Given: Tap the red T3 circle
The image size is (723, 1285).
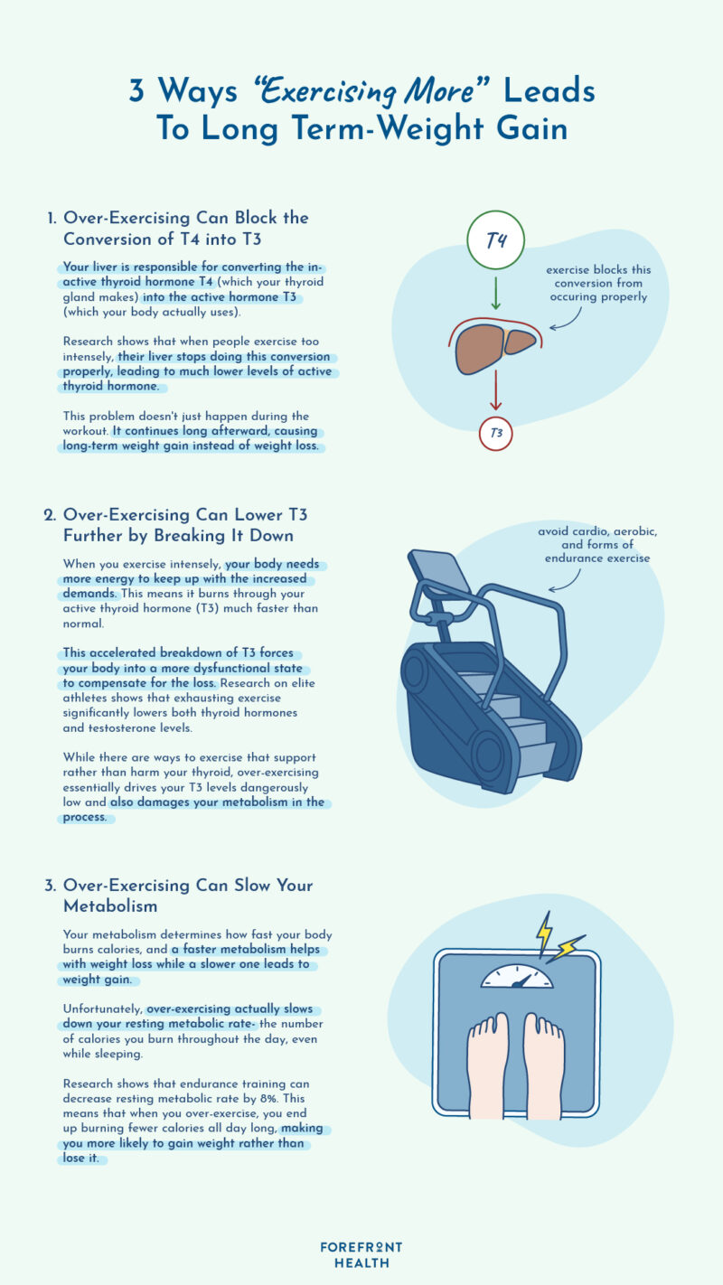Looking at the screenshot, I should click(x=496, y=433).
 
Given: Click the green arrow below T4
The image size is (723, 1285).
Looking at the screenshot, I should click(x=496, y=295).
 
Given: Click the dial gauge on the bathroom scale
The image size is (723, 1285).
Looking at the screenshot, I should click(x=516, y=977).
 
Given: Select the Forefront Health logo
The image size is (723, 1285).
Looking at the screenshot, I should click(x=361, y=1254).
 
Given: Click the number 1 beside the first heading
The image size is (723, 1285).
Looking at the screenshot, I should click(x=51, y=218).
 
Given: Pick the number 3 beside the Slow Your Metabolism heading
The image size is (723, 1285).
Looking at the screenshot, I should click(x=51, y=886).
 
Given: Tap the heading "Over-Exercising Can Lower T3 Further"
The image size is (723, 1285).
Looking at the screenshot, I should click(x=185, y=525).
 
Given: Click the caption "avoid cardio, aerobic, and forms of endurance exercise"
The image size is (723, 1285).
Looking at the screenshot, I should click(x=597, y=545).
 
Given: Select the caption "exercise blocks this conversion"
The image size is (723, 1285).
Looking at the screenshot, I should click(x=599, y=283).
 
